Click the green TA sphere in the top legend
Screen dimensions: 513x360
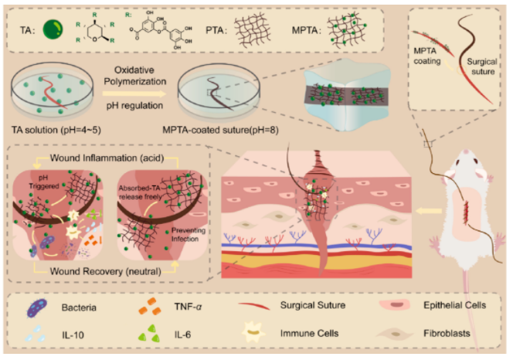pos(53,29)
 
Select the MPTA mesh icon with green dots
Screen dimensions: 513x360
pos(347,29)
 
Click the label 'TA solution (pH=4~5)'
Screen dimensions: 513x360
pos(56,130)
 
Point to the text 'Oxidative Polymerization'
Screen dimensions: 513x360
pos(135,76)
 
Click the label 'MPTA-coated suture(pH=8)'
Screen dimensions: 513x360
pos(220,131)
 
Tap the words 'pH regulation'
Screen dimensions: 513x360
pos(134,106)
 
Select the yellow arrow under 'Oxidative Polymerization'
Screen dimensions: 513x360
pos(134,93)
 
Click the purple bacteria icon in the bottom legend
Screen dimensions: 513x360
pos(37,308)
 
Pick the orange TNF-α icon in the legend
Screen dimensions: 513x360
pos(150,307)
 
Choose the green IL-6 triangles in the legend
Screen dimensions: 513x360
pos(150,334)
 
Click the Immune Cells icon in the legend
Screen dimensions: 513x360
pos(253,332)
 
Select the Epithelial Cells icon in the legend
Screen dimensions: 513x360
pos(395,305)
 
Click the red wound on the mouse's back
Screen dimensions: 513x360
pos(466,213)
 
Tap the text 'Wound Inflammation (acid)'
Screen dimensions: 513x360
pos(107,158)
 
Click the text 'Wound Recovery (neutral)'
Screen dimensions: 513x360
pos(105,271)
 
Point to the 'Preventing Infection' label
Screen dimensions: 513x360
pos(187,235)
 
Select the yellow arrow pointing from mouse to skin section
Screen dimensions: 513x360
pos(429,212)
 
